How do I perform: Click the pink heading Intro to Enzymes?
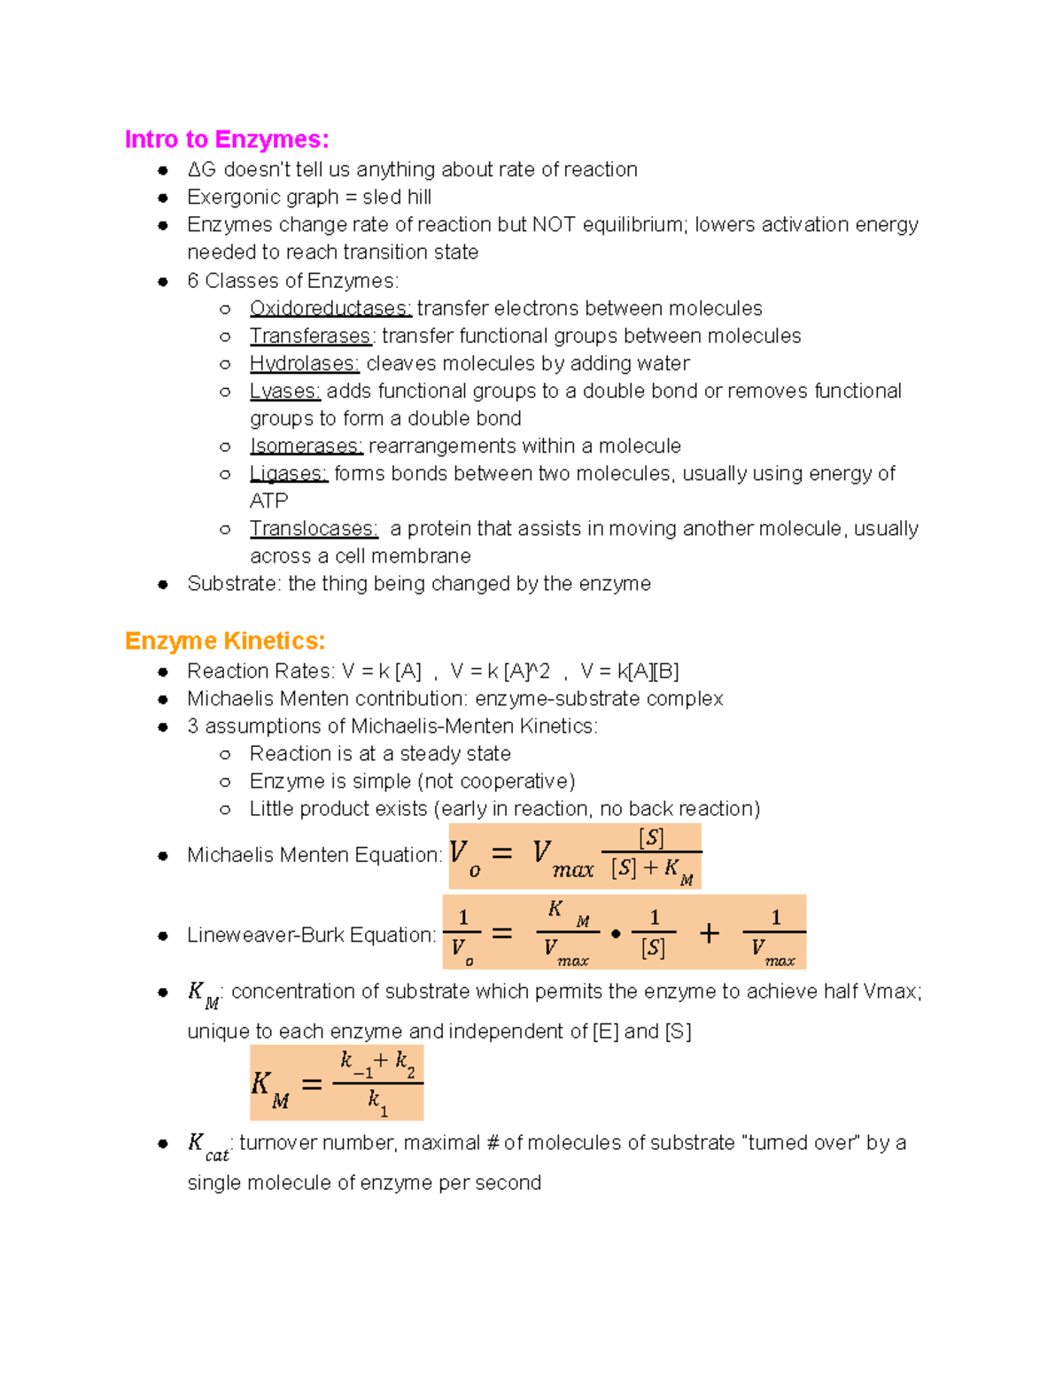[227, 140]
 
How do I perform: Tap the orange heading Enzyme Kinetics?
[225, 641]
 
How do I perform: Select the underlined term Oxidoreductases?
[330, 308]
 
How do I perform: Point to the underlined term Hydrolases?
[304, 363]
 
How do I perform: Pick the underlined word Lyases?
[284, 391]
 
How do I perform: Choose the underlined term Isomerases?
[306, 446]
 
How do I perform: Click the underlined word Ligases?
[288, 473]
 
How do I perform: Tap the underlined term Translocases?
[314, 528]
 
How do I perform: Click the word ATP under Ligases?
[268, 501]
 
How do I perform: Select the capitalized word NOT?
[554, 224]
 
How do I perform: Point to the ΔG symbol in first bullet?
[202, 169]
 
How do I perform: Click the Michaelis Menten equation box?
[575, 856]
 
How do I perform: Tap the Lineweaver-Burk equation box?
[624, 932]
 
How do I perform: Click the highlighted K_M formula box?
[337, 1083]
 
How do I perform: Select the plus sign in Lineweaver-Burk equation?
[709, 932]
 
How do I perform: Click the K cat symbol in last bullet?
[207, 1146]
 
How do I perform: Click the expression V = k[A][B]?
[630, 671]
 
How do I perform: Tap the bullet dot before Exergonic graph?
[163, 198]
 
